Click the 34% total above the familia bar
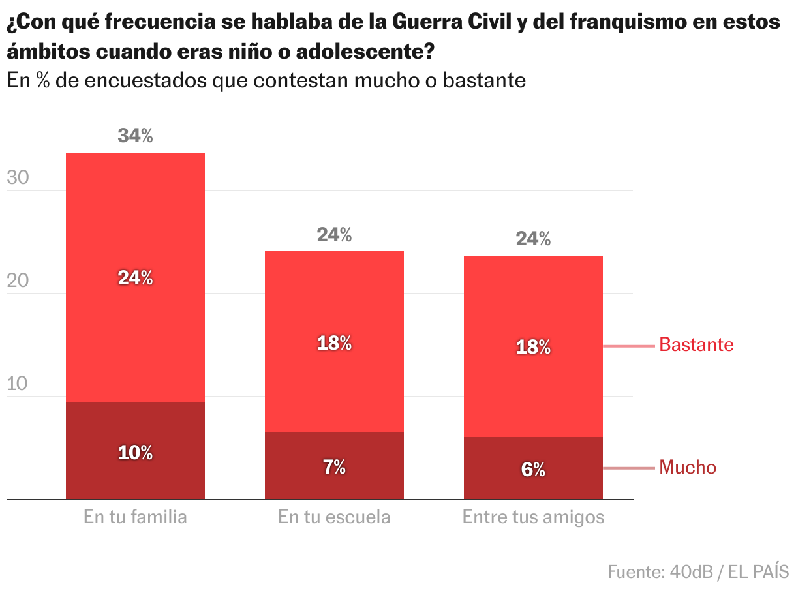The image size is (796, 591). tap(135, 136)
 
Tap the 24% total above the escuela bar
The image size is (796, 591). tap(334, 235)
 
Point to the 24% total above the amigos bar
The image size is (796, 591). tap(533, 239)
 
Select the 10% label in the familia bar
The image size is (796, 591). tap(135, 453)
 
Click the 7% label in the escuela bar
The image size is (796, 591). tap(334, 467)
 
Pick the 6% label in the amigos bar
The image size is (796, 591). tap(533, 469)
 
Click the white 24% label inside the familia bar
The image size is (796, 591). tap(135, 278)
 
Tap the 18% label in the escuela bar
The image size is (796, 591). tap(334, 343)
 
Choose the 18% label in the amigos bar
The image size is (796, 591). tap(533, 347)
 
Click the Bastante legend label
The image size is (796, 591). tap(696, 344)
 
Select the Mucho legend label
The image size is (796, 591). tap(688, 467)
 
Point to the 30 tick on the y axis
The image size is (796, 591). tap(19, 177)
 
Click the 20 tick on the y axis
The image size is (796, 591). tap(19, 280)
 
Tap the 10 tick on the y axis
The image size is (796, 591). tap(19, 384)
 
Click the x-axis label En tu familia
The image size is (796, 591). tap(135, 517)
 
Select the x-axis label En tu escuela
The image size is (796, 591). tap(334, 517)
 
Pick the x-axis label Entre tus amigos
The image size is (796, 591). tap(533, 517)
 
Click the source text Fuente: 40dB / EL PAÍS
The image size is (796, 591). tap(698, 572)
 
